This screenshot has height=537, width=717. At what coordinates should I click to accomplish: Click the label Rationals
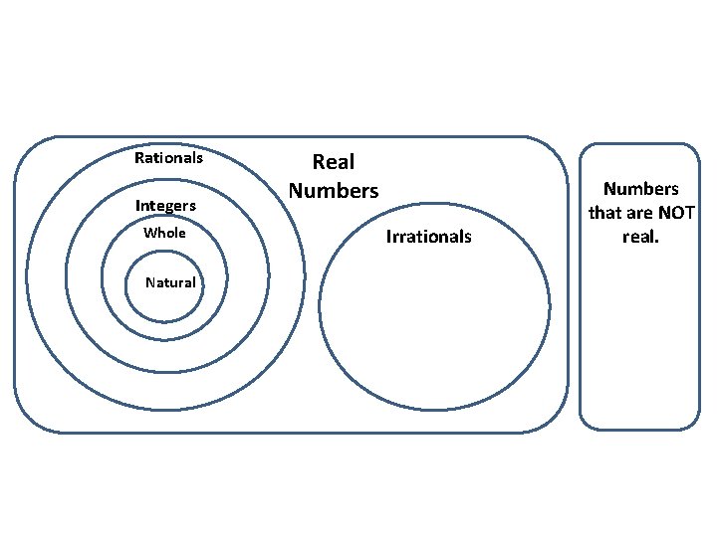(x=168, y=157)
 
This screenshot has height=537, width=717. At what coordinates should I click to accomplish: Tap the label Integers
(x=165, y=206)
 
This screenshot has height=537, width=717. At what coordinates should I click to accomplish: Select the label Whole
(x=164, y=233)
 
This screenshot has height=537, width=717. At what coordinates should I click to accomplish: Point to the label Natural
(x=170, y=282)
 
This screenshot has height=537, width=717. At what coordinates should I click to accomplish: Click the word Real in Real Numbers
(x=334, y=162)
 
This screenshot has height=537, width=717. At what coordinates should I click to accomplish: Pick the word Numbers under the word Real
(x=334, y=190)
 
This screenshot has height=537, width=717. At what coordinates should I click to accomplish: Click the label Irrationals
(x=428, y=237)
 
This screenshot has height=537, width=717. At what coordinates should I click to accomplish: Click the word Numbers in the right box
(x=640, y=189)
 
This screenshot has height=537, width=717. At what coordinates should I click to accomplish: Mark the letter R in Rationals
(x=139, y=157)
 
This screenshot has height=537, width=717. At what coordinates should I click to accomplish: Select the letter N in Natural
(x=150, y=282)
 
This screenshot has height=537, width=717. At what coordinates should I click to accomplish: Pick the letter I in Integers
(x=137, y=206)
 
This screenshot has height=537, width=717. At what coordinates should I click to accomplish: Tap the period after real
(x=657, y=243)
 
